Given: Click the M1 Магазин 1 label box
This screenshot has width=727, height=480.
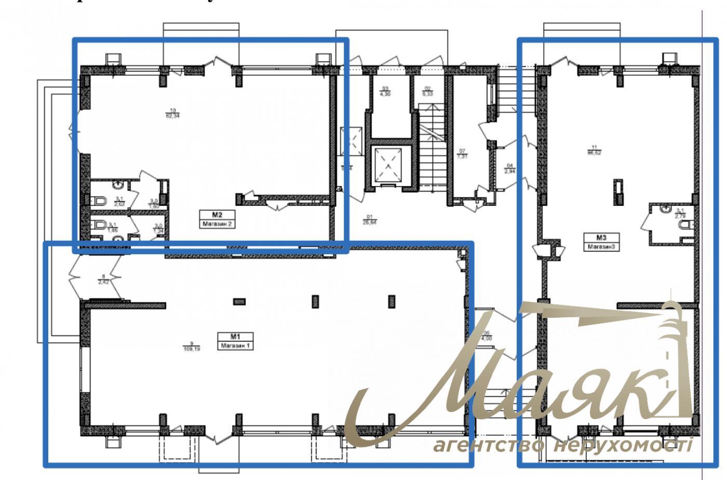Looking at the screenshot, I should pos(236,341).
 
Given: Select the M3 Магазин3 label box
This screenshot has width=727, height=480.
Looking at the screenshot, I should pos(601,243).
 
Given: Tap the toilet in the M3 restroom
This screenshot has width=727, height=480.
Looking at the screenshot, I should pos(686,225).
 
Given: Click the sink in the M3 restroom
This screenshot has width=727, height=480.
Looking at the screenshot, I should pos(667,210).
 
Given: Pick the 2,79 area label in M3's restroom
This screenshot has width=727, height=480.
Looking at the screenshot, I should pos(680,213).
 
